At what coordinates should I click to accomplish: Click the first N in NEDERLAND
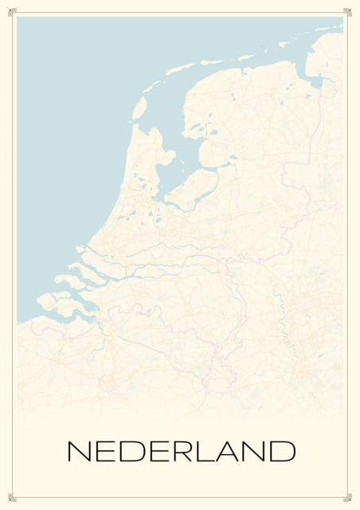pyautogui.click(x=80, y=451)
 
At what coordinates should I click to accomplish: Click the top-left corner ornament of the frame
pyautogui.click(x=12, y=11)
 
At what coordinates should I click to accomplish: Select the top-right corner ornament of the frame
pyautogui.click(x=347, y=11)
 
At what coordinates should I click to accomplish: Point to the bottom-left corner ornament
pyautogui.click(x=12, y=498)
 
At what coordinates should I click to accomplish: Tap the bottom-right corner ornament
pyautogui.click(x=347, y=498)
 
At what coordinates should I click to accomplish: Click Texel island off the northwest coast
pyautogui.click(x=139, y=107)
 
